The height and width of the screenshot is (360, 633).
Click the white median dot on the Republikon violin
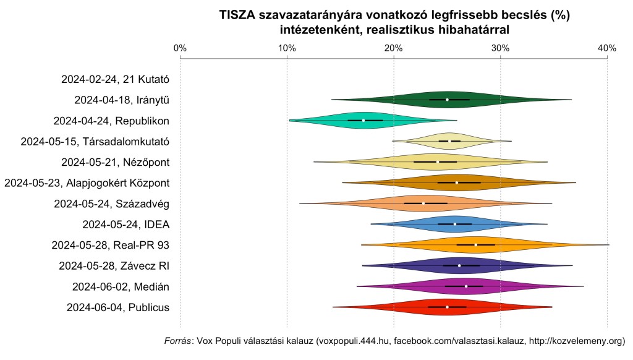click(x=363, y=120)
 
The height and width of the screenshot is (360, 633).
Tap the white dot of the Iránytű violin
click(x=447, y=100)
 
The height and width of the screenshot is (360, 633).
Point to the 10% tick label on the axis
click(x=286, y=48)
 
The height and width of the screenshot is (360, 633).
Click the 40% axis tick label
click(x=607, y=48)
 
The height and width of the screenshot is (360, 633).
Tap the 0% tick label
click(x=180, y=48)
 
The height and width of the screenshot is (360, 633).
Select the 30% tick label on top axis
click(x=500, y=48)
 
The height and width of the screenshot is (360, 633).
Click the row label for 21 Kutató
click(x=116, y=79)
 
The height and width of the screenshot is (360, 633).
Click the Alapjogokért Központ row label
click(x=87, y=182)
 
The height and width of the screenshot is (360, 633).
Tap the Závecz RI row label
click(x=114, y=266)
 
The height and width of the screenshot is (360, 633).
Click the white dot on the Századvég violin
click(x=423, y=204)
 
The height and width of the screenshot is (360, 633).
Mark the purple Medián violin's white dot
click(x=466, y=286)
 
